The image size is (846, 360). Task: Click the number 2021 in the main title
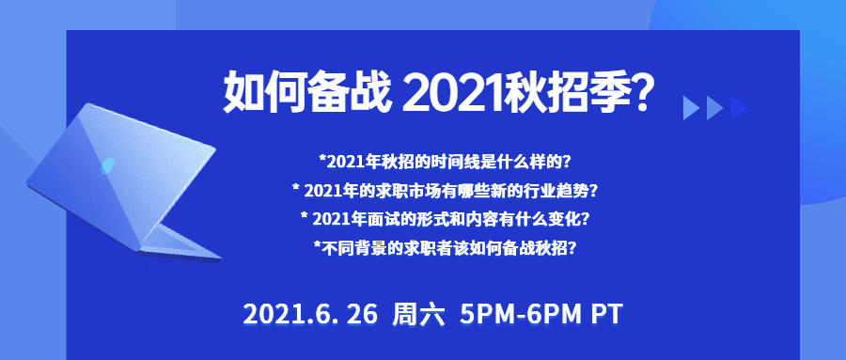(450, 92)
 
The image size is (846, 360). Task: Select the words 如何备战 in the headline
(306, 92)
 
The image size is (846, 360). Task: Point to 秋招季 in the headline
(562, 92)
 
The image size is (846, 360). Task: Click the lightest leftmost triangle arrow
(690, 108)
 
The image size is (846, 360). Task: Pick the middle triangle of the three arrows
(713, 108)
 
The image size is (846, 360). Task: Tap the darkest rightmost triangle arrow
(738, 108)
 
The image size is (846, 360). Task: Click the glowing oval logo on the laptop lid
(107, 165)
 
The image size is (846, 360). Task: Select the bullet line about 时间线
(446, 161)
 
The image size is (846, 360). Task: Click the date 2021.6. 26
(310, 315)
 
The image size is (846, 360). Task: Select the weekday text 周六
(418, 315)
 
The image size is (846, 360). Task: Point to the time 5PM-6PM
(521, 315)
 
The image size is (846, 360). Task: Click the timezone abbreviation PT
(607, 315)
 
